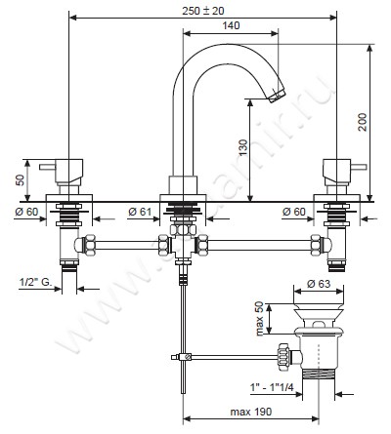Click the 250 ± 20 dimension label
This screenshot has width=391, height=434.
(x=203, y=11)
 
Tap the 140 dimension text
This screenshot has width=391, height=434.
(x=231, y=25)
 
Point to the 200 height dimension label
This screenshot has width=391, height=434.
(x=362, y=122)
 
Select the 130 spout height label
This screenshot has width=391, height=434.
(x=243, y=148)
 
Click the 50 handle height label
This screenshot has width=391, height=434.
(x=21, y=180)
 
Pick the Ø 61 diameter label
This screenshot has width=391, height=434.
(x=140, y=212)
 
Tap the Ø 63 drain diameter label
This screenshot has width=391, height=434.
(x=319, y=284)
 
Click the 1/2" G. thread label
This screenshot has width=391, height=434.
(x=35, y=282)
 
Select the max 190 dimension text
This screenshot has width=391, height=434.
(x=250, y=412)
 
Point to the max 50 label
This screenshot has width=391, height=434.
(x=259, y=319)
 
